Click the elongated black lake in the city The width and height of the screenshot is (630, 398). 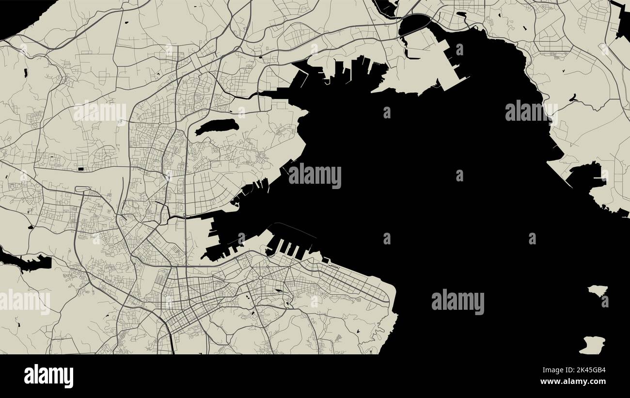click(x=217, y=127)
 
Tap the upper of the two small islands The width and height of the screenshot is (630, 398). click(x=597, y=291)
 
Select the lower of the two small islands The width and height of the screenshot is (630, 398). click(x=592, y=345)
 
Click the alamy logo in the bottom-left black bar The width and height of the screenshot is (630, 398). click(x=48, y=376)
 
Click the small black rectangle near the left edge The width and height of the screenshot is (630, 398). click(x=80, y=168)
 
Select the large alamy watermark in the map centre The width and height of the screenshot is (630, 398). click(x=315, y=175)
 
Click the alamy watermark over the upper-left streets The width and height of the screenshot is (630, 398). click(x=100, y=112)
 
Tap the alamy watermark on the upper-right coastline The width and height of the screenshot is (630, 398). click(x=531, y=112)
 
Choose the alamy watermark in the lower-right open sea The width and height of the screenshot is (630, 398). click(x=457, y=302)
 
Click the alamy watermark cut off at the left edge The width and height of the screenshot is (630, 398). click(x=24, y=302)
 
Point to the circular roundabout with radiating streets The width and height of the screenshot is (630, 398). click(x=260, y=278)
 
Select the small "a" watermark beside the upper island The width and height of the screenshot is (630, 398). click(x=605, y=301)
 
